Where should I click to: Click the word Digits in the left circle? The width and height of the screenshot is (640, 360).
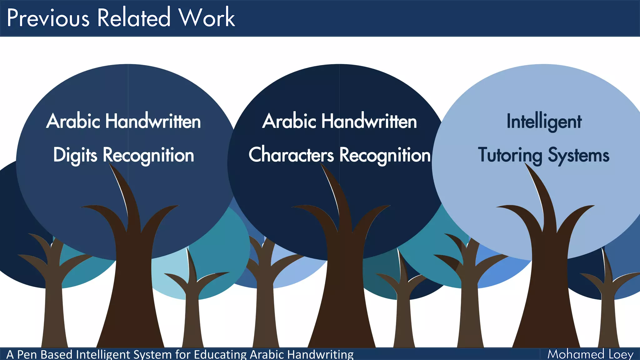click(x=75, y=155)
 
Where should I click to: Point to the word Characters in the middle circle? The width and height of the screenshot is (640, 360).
click(x=291, y=155)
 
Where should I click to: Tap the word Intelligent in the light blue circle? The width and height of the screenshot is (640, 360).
click(x=544, y=122)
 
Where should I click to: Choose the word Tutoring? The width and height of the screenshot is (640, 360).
click(x=510, y=155)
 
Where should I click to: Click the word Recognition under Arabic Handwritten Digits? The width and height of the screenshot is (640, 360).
click(x=148, y=155)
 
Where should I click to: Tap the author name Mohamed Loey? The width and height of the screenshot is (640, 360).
click(x=590, y=354)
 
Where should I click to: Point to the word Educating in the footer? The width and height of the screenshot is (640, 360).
click(x=221, y=355)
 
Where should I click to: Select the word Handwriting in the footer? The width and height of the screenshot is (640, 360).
click(x=320, y=355)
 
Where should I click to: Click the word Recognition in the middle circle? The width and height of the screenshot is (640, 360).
click(x=385, y=155)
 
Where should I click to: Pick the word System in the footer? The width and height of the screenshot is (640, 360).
click(x=152, y=355)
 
